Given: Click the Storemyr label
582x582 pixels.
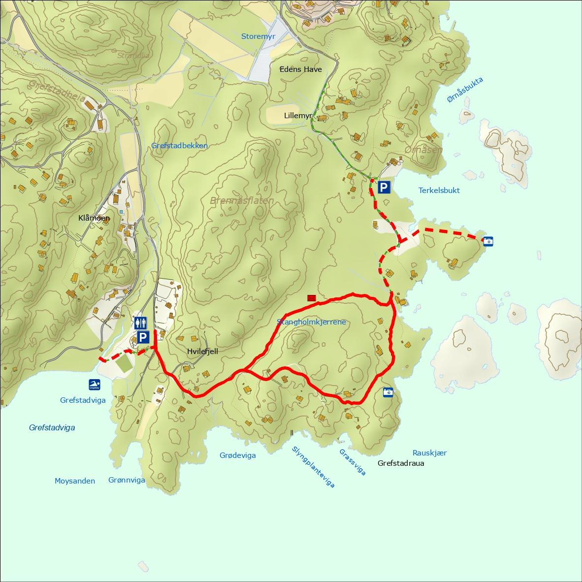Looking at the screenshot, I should [258, 36].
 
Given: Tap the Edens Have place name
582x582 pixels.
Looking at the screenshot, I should [300, 69].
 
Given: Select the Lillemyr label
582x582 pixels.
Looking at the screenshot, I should [298, 116].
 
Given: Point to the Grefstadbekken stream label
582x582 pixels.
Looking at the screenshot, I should [179, 145].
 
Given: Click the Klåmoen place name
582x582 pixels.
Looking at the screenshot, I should [94, 218].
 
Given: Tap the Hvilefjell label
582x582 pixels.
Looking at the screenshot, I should [202, 352].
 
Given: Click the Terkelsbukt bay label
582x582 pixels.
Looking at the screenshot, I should [439, 190].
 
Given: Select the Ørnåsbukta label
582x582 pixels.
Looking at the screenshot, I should [465, 90].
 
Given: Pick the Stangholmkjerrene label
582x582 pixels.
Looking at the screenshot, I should [311, 322].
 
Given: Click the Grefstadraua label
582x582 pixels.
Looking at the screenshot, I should [401, 463].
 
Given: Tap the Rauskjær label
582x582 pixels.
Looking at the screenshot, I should [429, 453].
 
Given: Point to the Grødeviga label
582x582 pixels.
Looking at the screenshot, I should [237, 455].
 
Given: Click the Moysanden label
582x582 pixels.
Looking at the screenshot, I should [75, 481].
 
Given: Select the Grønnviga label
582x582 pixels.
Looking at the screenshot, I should [127, 480].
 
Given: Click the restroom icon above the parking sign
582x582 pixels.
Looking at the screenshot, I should [140, 323].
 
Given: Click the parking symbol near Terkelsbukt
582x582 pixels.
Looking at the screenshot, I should [384, 187].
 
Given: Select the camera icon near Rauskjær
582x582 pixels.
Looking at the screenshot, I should [388, 392].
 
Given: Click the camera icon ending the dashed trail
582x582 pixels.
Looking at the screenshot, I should [487, 241].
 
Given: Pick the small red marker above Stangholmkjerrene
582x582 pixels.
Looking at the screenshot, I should [311, 298].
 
